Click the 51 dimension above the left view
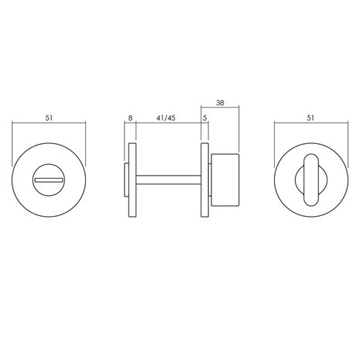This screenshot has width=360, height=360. (x=48, y=118)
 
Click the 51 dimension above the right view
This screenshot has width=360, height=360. (x=310, y=118)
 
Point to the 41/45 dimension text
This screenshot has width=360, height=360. (x=166, y=118)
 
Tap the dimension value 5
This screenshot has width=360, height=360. (x=204, y=118)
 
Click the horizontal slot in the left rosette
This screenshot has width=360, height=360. (x=49, y=180)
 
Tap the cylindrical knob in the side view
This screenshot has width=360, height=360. (x=225, y=180)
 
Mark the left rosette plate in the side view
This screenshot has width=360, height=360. (x=133, y=180)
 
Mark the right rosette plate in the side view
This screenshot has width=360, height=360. (x=205, y=180)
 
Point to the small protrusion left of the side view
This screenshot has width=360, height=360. (x=126, y=180)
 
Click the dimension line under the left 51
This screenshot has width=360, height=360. (x=48, y=125)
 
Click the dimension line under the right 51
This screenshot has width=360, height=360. (x=310, y=125)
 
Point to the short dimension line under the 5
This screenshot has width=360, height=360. (x=205, y=125)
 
